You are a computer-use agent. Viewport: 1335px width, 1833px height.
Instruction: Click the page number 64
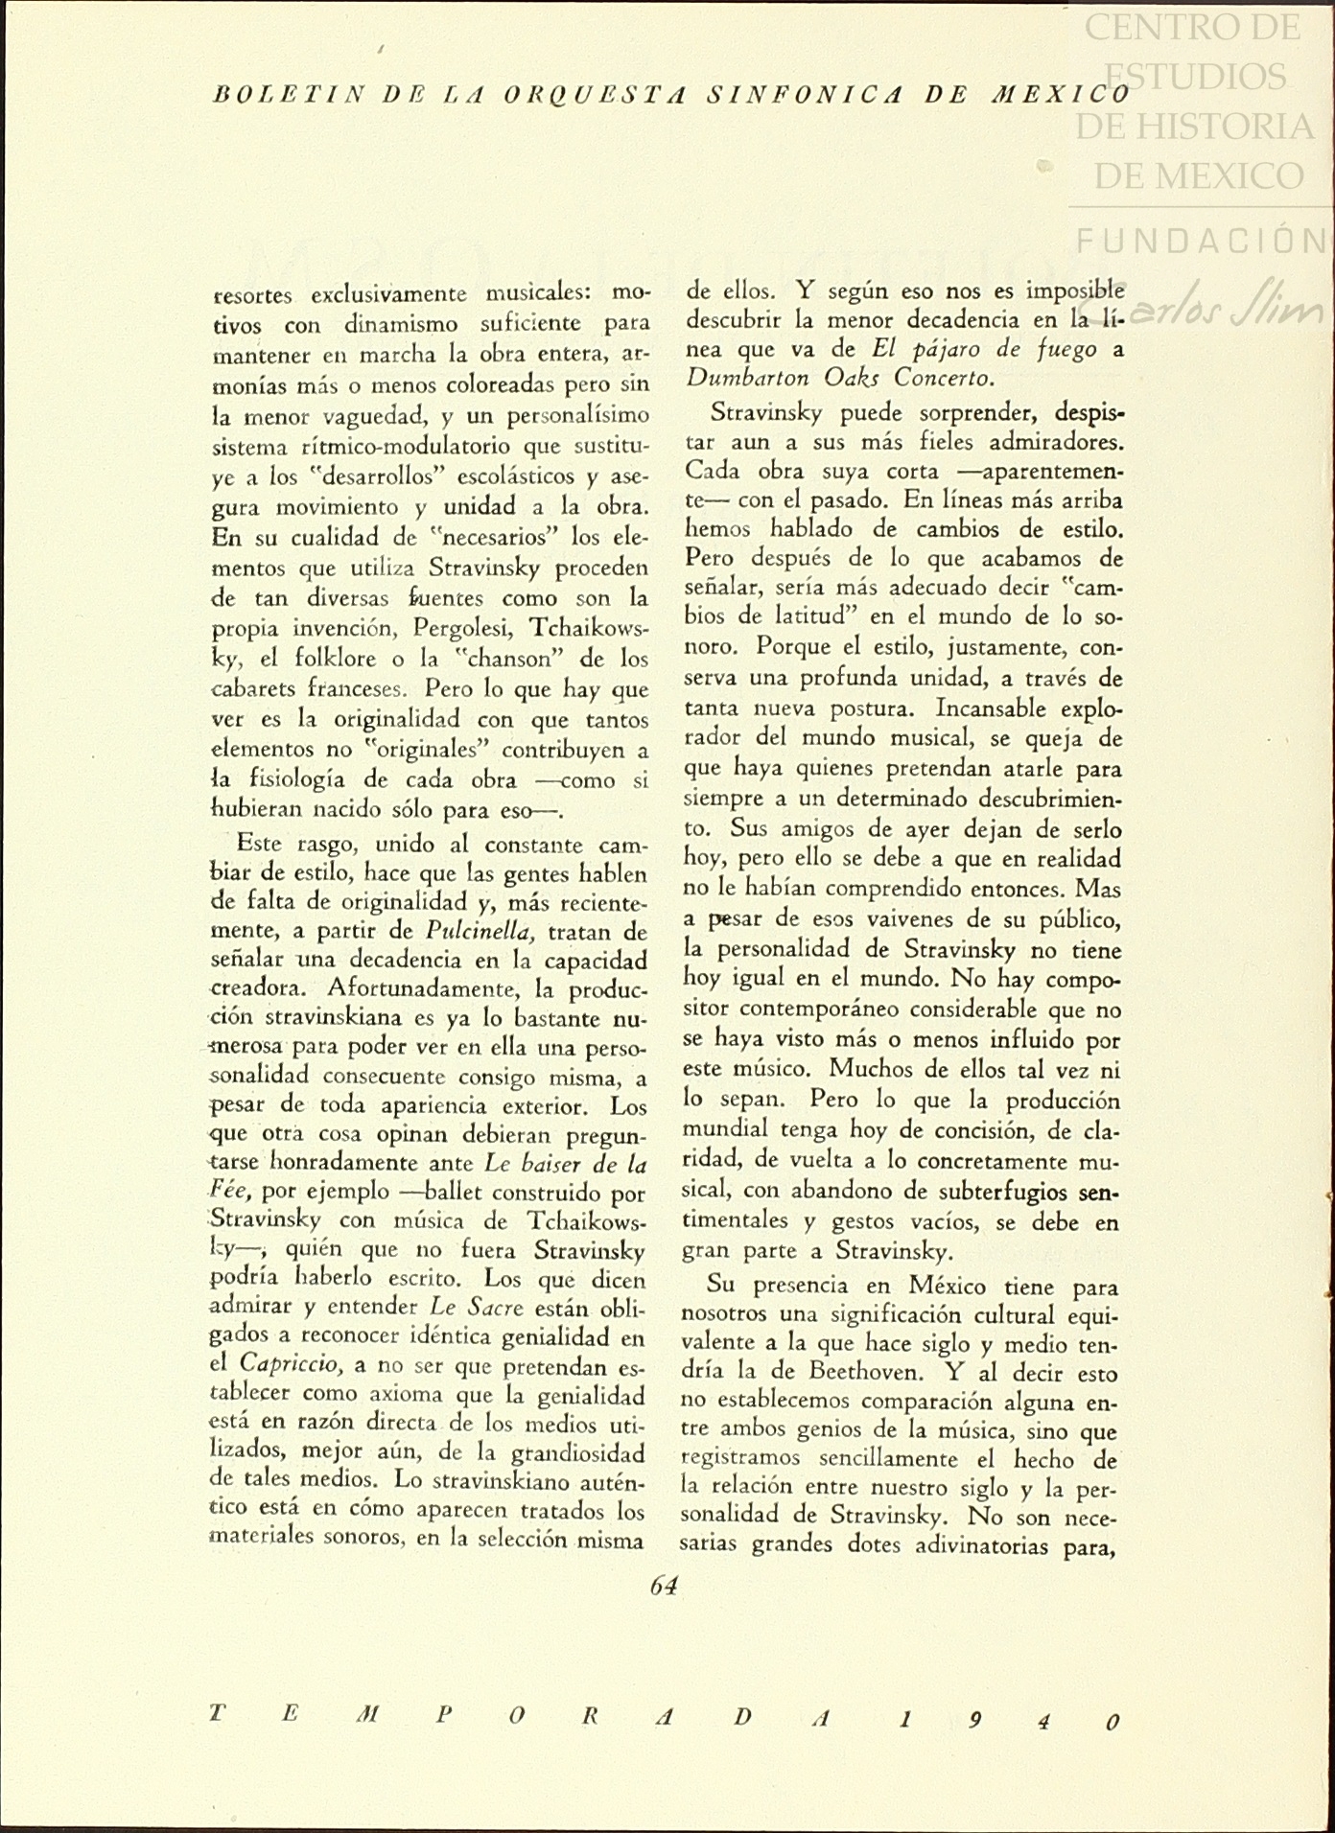(x=664, y=1586)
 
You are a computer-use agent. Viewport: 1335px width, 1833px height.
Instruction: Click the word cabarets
(x=253, y=689)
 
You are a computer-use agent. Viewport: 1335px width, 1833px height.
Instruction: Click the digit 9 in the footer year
(x=974, y=1718)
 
